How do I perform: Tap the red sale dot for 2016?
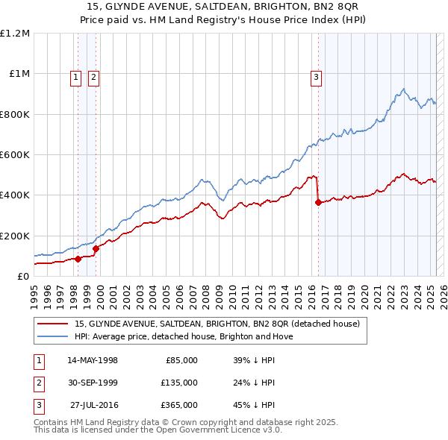pos(319,202)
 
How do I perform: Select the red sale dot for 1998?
pos(78,259)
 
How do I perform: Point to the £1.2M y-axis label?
pos(15,34)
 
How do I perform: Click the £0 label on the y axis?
pos(23,276)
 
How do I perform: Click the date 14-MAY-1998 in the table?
pos(93,360)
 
